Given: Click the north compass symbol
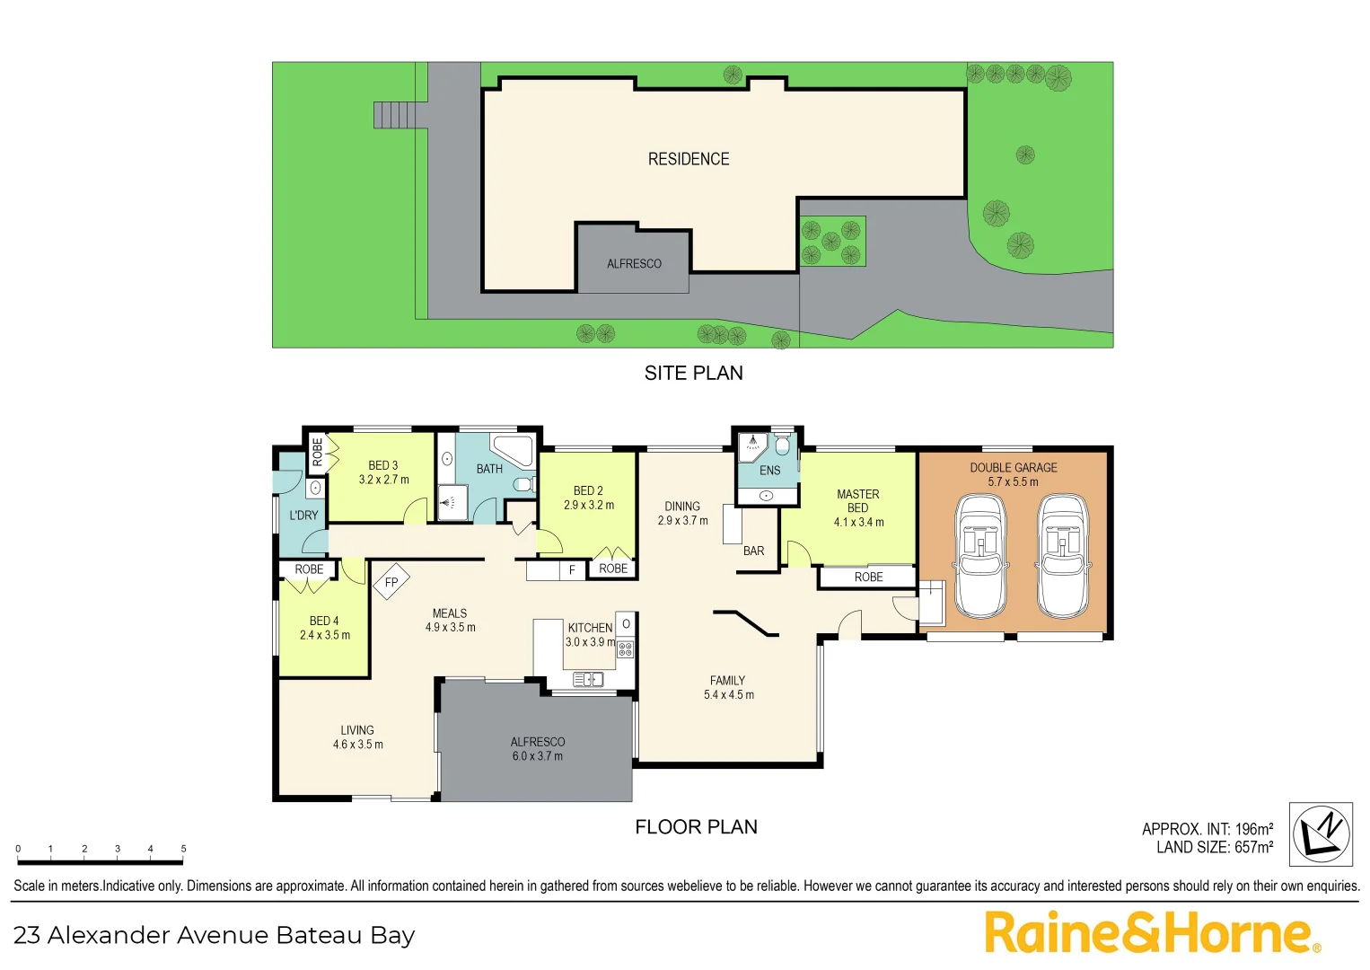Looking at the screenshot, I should click(1321, 834).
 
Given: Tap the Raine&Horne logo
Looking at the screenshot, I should click(1152, 933).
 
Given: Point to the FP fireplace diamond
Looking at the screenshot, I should click(391, 582).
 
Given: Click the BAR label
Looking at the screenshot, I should click(753, 551).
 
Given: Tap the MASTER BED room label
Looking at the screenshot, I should click(858, 501).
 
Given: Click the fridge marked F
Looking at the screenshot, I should click(572, 570).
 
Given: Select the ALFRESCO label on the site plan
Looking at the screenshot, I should click(634, 264).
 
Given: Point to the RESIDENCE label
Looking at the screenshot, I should click(689, 159).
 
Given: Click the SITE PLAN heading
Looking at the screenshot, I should click(693, 373).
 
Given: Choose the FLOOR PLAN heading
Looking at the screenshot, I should click(696, 827).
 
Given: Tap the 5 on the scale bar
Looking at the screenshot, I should click(183, 849).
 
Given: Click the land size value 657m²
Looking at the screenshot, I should click(1253, 848).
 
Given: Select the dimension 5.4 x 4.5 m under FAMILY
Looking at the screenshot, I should click(728, 695).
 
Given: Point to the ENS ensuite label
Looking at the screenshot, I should click(769, 471).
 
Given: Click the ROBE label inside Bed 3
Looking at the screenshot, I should click(317, 452).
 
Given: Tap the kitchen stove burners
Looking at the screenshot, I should click(626, 648).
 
